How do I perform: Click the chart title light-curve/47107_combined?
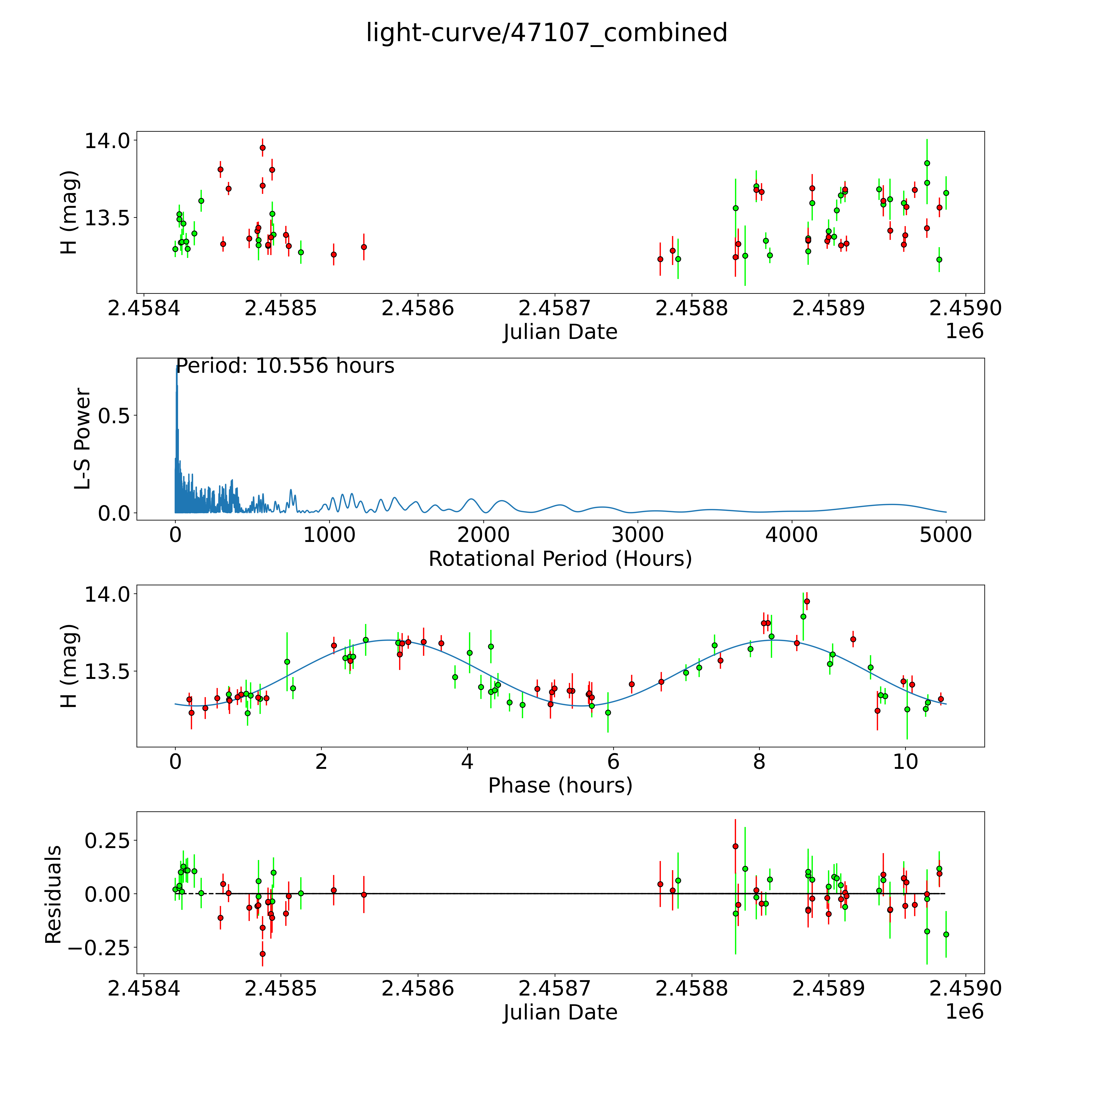click(x=546, y=33)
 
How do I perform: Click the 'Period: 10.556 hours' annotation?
click(x=285, y=366)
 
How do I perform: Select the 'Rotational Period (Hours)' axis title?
click(x=560, y=559)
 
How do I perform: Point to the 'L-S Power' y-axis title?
click(x=83, y=439)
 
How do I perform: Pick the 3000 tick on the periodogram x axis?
click(x=638, y=535)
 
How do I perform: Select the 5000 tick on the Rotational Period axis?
click(x=946, y=535)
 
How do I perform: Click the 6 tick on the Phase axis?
click(x=613, y=762)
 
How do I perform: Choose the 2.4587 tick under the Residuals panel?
click(x=555, y=988)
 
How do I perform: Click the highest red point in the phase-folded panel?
click(x=807, y=601)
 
